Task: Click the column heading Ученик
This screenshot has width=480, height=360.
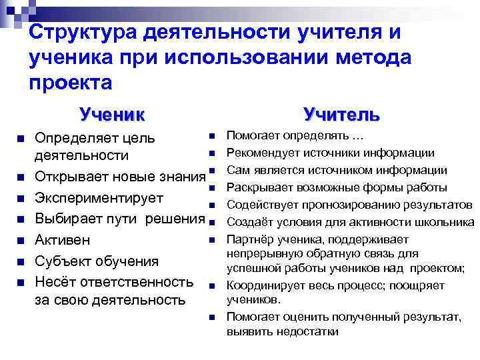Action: (x=111, y=114)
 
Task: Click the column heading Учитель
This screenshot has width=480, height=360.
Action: (x=341, y=114)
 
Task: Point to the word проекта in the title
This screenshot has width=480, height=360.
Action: (x=71, y=82)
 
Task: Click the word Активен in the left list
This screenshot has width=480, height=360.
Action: (x=63, y=239)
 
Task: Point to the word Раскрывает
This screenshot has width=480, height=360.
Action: (x=259, y=187)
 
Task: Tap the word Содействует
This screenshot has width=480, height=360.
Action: (x=260, y=204)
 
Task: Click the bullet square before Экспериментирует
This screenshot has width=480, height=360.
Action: (x=21, y=199)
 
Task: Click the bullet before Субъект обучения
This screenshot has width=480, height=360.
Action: (x=21, y=261)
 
